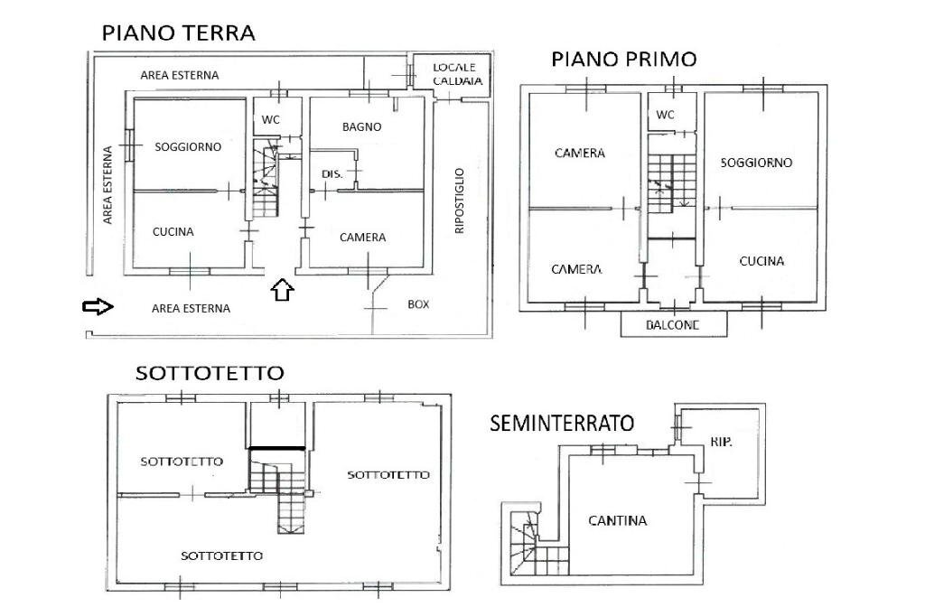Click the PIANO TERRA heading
pos(178,33)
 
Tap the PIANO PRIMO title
pos(624,60)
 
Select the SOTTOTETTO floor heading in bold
pos(210,372)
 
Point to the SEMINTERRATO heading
pos(562,422)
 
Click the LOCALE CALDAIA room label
pos(458,74)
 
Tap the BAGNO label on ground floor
pos(361,127)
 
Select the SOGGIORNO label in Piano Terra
pos(187,147)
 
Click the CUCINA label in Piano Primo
pos(761,261)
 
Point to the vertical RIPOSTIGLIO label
pos(459,201)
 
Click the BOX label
pos(418,304)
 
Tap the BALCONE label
pos(673,326)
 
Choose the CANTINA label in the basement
pos(617,520)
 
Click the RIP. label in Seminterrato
pos(721,443)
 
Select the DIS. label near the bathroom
pos(332,173)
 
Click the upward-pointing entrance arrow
pos(283,290)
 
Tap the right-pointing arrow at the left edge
pos(97,308)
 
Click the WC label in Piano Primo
pos(665,115)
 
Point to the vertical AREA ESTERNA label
pos(107,185)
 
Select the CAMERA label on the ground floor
pos(362,238)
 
